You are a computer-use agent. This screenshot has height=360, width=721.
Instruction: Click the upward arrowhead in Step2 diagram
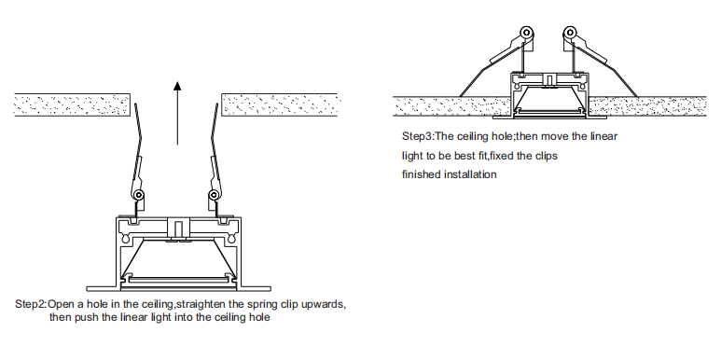[177, 86]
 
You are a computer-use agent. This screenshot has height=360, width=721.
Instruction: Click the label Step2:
[31, 304]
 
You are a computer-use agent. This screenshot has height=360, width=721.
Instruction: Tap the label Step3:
[418, 136]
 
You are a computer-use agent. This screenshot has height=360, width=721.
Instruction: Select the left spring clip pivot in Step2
[137, 195]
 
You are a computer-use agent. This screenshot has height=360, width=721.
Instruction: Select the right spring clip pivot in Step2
[213, 195]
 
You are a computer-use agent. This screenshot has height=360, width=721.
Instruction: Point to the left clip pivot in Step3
[526, 33]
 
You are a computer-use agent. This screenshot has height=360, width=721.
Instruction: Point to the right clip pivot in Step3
[570, 33]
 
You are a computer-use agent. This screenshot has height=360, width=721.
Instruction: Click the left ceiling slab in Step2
[72, 104]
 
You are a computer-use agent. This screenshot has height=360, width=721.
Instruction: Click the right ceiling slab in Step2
[280, 104]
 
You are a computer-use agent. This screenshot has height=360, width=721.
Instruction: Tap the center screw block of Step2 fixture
[178, 228]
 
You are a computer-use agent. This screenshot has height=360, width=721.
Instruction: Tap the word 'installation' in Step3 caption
[470, 174]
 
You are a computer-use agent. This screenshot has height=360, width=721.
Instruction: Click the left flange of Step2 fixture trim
[101, 289]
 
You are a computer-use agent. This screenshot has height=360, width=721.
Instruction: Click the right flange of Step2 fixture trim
[256, 289]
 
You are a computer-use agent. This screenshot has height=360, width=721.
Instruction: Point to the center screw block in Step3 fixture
[548, 79]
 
